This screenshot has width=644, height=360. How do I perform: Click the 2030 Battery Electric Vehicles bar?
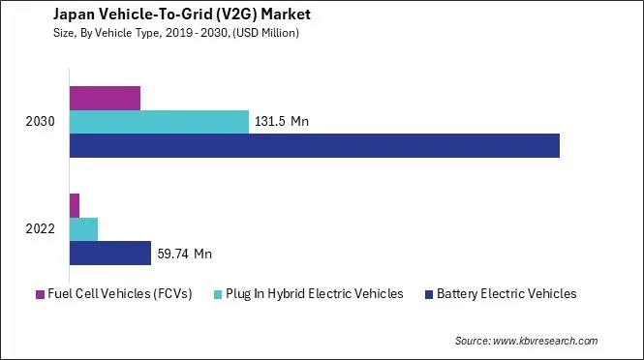point(315,145)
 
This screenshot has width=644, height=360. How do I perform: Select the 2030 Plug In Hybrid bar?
point(159,122)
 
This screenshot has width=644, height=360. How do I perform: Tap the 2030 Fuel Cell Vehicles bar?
point(105,98)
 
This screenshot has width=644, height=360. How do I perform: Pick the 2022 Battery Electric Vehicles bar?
point(110,254)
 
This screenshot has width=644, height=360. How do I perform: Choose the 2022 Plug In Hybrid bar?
point(83,229)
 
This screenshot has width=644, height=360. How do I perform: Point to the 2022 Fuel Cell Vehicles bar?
point(75,205)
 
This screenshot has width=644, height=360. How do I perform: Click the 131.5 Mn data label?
point(282,122)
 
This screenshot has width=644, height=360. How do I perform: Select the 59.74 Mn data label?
point(183,255)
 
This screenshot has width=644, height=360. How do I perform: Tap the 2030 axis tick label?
point(42,122)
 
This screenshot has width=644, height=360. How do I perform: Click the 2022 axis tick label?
point(42,230)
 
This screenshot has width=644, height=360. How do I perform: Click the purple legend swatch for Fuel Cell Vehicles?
point(41,294)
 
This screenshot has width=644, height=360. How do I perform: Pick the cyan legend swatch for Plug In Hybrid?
point(219,294)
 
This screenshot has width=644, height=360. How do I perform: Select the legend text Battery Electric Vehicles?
point(506,293)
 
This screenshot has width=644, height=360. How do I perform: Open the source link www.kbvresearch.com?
point(545,341)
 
